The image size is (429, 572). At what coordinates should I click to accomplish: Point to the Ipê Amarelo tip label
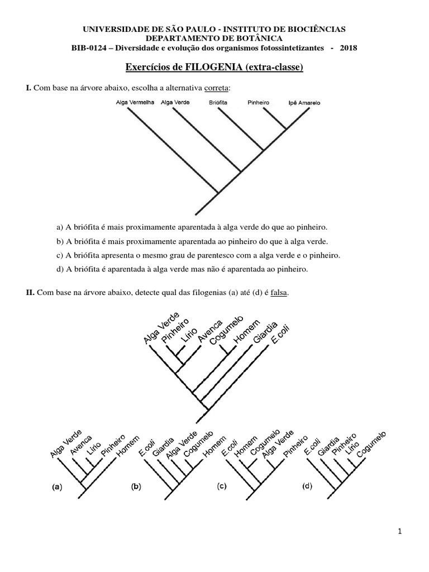(304, 103)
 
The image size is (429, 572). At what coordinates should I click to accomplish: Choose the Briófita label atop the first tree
(218, 103)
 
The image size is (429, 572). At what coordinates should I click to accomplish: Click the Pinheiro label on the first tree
(259, 103)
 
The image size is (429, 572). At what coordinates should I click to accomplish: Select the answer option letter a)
(60, 227)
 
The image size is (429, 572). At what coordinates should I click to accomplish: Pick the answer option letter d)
(60, 269)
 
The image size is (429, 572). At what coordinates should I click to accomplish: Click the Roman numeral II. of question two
(31, 293)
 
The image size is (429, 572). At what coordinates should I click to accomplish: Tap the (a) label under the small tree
(56, 487)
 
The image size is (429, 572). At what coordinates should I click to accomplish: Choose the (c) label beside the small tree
(222, 486)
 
